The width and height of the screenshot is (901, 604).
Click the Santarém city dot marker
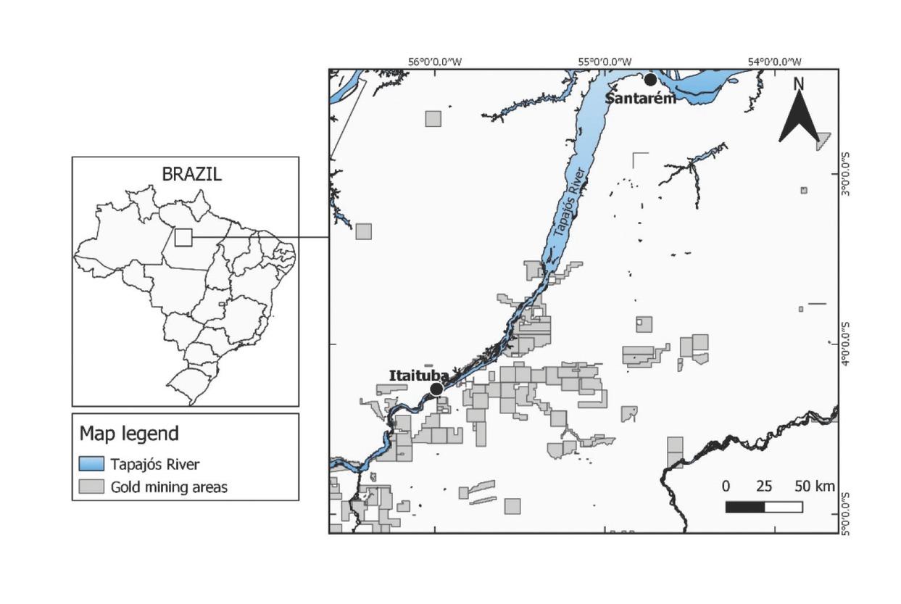coord(650,79)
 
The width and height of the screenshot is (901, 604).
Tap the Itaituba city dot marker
coord(436,389)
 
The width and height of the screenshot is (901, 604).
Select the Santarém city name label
coord(640,98)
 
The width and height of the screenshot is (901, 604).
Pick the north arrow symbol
coord(799,119)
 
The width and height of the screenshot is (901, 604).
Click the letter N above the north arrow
coord(799,83)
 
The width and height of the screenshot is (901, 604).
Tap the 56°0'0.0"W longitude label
coord(435,62)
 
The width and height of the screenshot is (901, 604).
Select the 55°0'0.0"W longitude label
coord(605,62)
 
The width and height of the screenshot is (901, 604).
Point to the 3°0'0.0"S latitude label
coord(845,173)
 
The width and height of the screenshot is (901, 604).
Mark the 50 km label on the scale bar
coord(814,485)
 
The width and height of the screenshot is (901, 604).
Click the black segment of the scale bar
coord(744,507)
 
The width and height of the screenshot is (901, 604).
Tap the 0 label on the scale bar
coord(726,485)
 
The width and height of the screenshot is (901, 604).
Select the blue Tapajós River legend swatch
coord(91,464)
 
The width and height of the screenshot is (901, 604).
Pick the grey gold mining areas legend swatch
coord(91,487)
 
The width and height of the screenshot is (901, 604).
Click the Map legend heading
coord(129,434)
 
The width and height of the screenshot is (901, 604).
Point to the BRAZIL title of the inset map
coord(191,174)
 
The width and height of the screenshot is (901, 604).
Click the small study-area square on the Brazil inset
coord(183,237)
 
